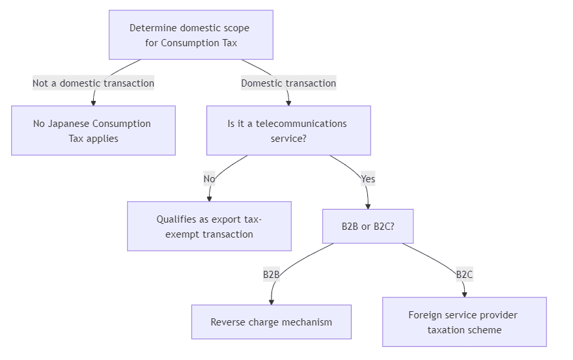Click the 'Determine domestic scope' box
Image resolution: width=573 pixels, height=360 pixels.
pyautogui.click(x=191, y=35)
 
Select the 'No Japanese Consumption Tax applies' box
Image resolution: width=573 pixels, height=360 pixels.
pyautogui.click(x=93, y=130)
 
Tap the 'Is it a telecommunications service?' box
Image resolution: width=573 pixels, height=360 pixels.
pyautogui.click(x=288, y=130)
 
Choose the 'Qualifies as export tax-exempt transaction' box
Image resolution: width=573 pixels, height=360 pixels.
pyautogui.click(x=209, y=226)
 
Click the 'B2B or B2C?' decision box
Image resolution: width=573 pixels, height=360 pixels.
pyautogui.click(x=368, y=226)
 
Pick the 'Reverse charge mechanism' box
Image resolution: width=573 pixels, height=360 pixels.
pyautogui.click(x=271, y=322)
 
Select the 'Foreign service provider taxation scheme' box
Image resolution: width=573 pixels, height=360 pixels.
pyautogui.click(x=464, y=322)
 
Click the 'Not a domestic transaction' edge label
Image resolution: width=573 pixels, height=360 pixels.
pyautogui.click(x=93, y=83)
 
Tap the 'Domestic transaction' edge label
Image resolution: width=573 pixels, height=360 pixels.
pyautogui.click(x=288, y=83)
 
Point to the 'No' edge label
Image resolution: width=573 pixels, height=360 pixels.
pyautogui.click(x=209, y=178)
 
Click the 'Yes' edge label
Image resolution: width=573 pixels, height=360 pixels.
pyautogui.click(x=368, y=178)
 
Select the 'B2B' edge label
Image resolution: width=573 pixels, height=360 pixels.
pyautogui.click(x=271, y=274)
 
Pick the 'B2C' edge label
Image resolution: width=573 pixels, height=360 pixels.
pyautogui.click(x=464, y=274)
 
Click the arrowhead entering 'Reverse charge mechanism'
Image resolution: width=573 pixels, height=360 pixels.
pyautogui.click(x=271, y=301)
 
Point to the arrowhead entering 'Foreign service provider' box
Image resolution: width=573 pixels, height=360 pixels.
pyautogui.click(x=464, y=294)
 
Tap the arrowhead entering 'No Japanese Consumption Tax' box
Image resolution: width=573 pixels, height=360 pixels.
pyautogui.click(x=93, y=102)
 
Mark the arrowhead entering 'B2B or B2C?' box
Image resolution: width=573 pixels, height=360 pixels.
pyautogui.click(x=368, y=206)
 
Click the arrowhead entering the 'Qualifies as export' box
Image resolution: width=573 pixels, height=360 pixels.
pyautogui.click(x=209, y=198)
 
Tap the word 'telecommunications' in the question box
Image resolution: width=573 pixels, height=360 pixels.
pyautogui.click(x=301, y=124)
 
